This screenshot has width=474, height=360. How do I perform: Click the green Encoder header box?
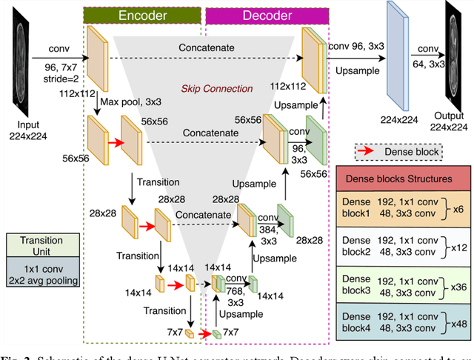(142, 15)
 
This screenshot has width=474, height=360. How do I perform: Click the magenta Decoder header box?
(270, 15)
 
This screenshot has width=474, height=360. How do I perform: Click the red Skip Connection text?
(218, 89)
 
